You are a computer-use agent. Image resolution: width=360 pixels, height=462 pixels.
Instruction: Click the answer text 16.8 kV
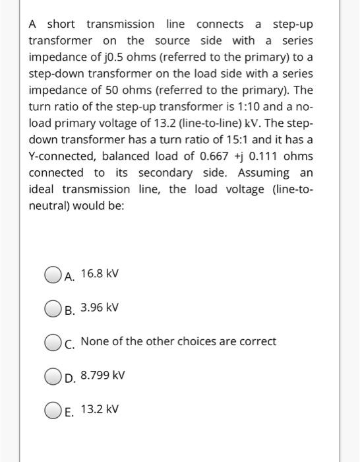tap(100, 273)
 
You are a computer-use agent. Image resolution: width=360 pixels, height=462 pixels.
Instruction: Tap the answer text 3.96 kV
tap(100, 308)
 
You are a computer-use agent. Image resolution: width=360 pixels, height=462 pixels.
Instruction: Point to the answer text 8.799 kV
tap(103, 376)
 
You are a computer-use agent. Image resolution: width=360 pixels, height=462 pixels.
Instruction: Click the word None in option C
tap(94, 342)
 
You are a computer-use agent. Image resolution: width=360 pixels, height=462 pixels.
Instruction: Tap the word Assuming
tap(264, 173)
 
